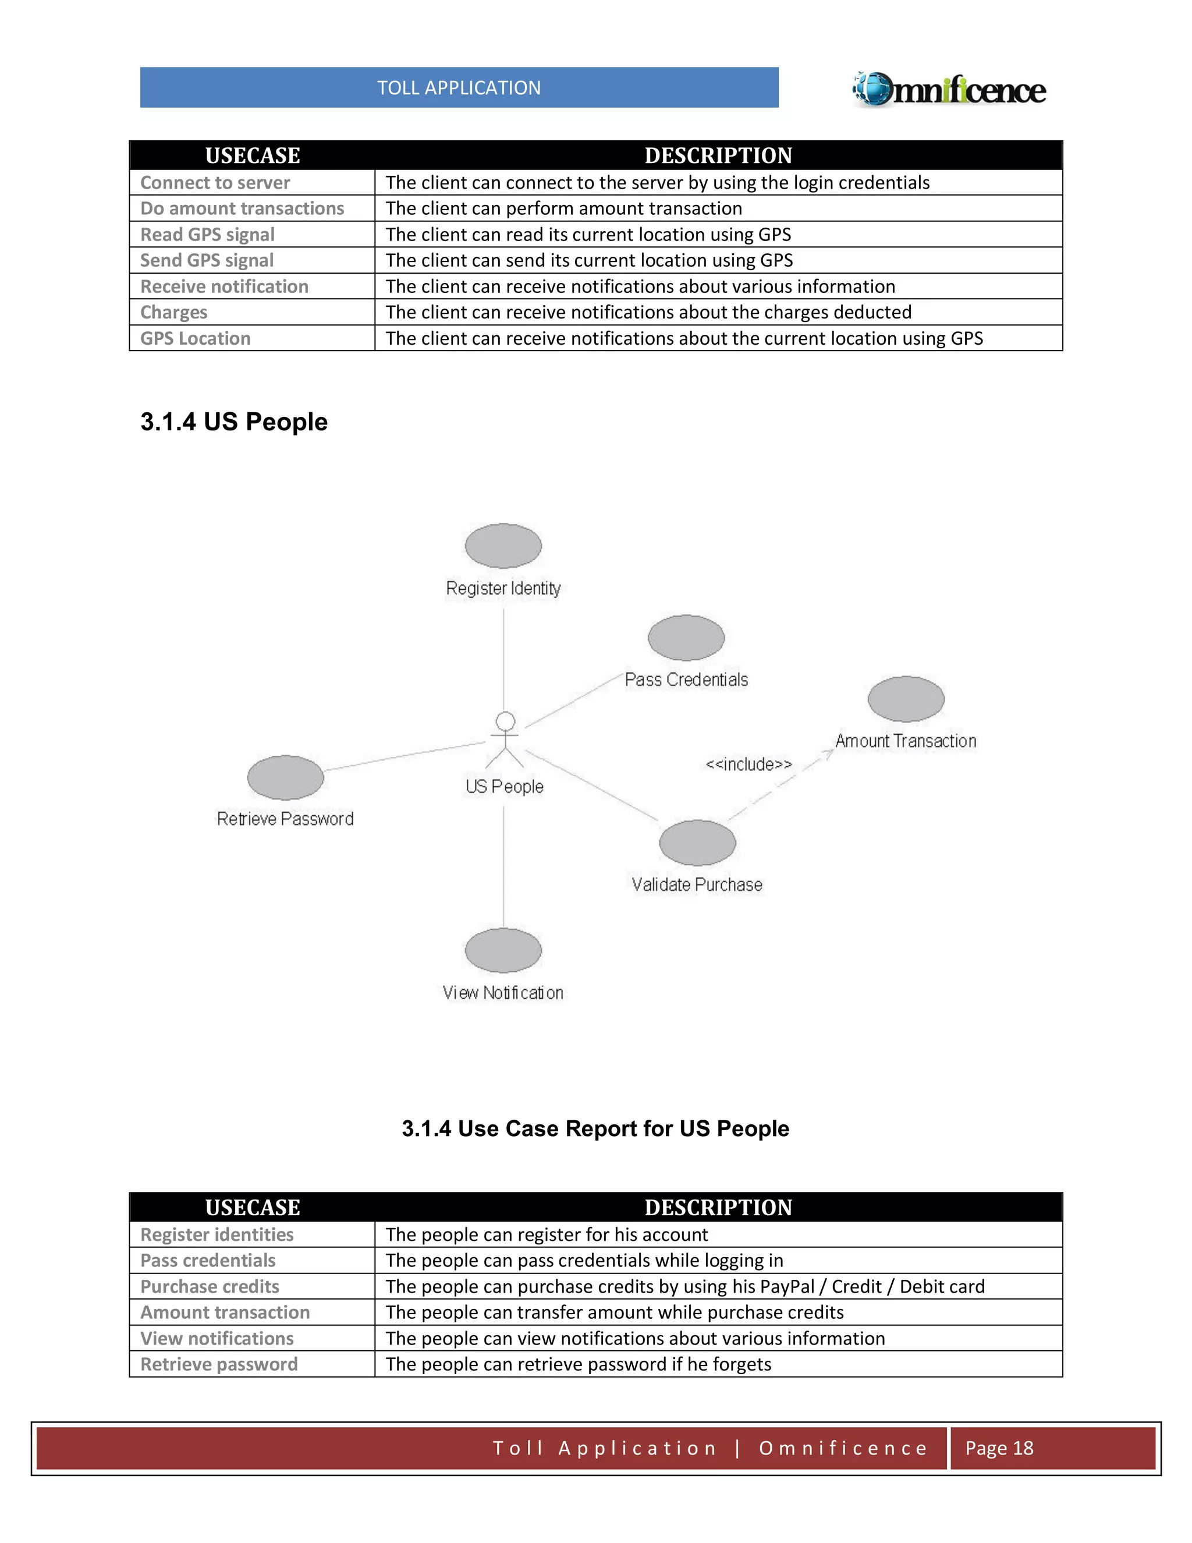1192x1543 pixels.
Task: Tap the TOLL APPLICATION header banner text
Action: coord(459,87)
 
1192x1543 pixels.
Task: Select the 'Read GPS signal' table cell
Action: coord(208,235)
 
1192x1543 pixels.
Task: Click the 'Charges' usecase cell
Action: coord(173,312)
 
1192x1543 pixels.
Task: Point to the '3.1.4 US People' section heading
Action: coord(234,422)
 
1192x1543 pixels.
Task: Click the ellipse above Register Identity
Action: coord(503,546)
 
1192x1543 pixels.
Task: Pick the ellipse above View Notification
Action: coord(503,950)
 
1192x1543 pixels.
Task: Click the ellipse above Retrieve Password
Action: coord(285,777)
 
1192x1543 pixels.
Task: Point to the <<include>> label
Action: coord(748,765)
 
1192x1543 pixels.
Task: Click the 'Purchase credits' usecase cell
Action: coord(210,1287)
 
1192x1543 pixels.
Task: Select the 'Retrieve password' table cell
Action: coord(219,1364)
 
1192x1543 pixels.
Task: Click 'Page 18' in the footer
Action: coord(999,1448)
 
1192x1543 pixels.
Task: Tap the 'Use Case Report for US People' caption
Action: coord(595,1128)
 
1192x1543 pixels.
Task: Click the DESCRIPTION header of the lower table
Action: coord(718,1208)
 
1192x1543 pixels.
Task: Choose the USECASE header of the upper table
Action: coord(252,155)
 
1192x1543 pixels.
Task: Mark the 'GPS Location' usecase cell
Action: coord(196,338)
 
